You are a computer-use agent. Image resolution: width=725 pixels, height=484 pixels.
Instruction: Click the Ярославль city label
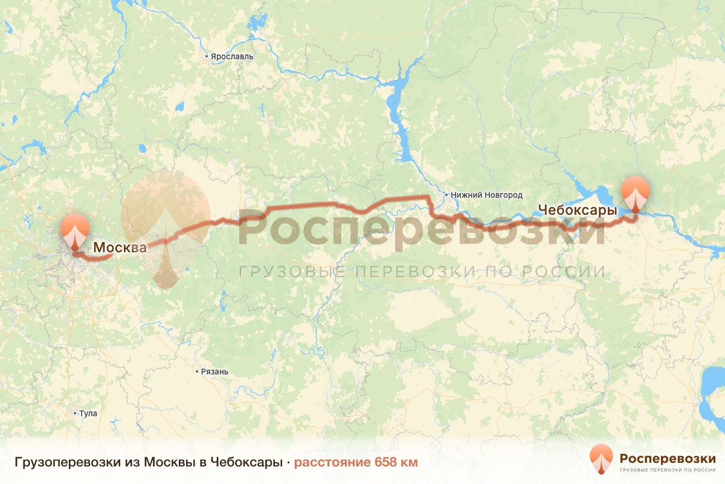[x=233, y=57]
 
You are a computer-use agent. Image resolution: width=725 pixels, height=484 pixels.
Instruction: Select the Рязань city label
[x=215, y=371]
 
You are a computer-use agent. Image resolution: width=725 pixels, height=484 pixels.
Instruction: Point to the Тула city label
[x=88, y=414]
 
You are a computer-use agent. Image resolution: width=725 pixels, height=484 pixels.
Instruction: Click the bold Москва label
[x=120, y=247]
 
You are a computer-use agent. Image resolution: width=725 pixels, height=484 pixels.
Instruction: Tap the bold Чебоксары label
[x=577, y=211]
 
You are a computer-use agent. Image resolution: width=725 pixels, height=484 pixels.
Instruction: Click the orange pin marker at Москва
[x=74, y=229]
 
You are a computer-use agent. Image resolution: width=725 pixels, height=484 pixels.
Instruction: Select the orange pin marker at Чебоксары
[x=636, y=191]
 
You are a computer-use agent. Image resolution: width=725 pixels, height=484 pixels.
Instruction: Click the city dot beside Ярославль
[x=207, y=57]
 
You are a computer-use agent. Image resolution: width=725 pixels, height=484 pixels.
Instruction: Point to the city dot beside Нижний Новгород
[x=446, y=195]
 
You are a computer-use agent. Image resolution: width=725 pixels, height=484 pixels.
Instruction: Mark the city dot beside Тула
[x=74, y=414]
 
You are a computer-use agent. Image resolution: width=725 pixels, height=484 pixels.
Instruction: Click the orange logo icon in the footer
[x=601, y=459]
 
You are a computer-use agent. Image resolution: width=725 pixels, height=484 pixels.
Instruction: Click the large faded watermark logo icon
[x=166, y=227]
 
